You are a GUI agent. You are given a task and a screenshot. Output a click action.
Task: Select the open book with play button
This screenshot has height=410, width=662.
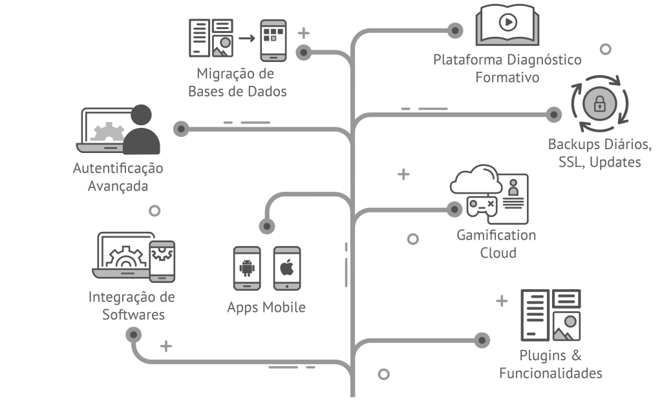pos(507,26)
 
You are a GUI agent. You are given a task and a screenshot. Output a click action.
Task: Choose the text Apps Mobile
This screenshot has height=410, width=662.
pos(266,307)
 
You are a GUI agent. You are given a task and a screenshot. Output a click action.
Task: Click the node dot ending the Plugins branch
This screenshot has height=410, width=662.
pos(482,340)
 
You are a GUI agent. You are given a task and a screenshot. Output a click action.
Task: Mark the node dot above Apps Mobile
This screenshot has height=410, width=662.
pos(266,226)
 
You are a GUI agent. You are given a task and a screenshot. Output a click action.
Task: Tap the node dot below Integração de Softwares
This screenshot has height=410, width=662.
pos(134,334)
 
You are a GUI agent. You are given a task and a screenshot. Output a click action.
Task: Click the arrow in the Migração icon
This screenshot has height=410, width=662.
pos(246,38)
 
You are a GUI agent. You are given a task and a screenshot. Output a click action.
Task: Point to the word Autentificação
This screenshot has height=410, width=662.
pos(118,169)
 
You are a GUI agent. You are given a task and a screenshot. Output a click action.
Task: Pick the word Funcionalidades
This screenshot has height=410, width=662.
pos(551,373)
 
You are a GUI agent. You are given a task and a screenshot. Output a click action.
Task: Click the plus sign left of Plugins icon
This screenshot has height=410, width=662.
pos(502,301)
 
